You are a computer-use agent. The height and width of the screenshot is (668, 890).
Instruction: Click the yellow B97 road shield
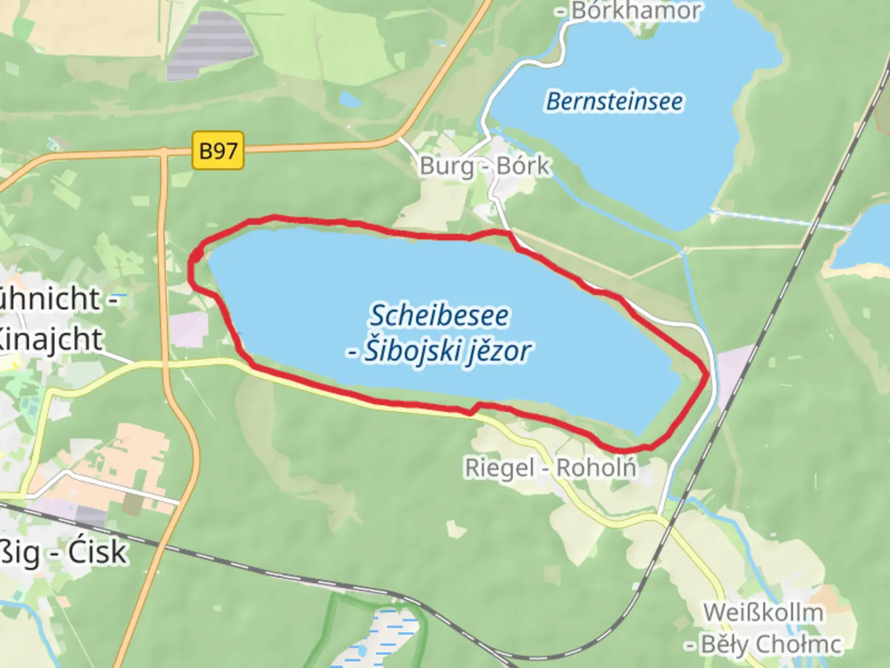click(x=218, y=150)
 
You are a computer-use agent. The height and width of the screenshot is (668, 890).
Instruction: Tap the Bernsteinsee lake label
click(x=615, y=101)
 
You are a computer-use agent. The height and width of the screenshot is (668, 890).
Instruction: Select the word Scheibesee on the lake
click(x=439, y=315)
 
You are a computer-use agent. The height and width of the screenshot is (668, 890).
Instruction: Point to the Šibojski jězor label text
click(x=446, y=351)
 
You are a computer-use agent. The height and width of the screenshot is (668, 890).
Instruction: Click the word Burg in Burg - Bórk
click(x=447, y=166)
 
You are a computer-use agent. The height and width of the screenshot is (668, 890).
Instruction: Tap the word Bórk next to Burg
click(x=523, y=166)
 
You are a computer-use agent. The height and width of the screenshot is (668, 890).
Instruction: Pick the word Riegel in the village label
click(x=499, y=468)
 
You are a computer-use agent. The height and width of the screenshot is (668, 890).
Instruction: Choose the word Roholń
click(x=596, y=468)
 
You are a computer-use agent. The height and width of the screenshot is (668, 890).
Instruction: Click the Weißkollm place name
click(x=763, y=612)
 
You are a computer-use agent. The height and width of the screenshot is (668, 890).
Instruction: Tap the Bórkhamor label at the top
click(x=637, y=11)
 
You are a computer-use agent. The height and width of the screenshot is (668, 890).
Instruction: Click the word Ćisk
click(x=97, y=552)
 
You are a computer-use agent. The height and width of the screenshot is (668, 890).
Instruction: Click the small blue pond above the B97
click(x=350, y=99)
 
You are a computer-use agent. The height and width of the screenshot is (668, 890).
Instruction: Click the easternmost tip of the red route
click(x=707, y=374)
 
